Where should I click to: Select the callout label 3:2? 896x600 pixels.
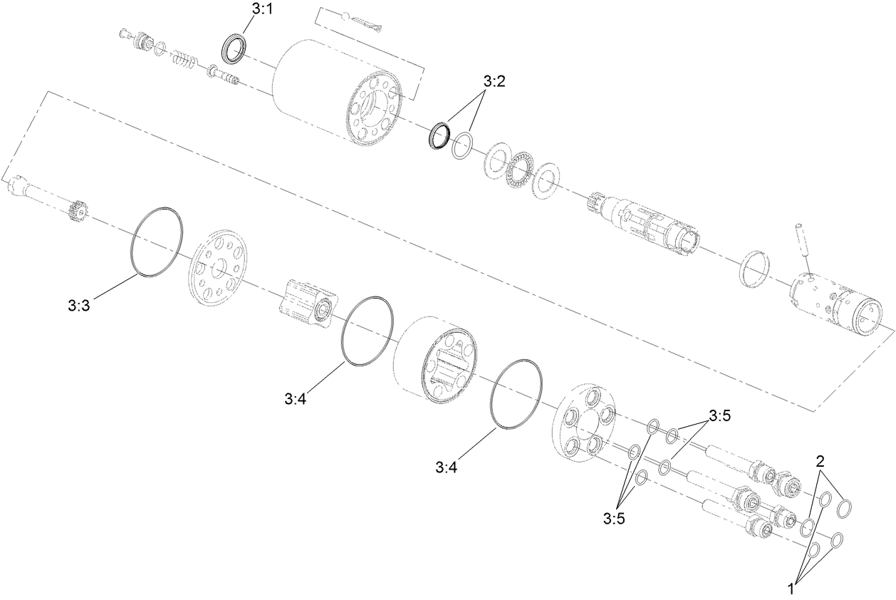(494, 81)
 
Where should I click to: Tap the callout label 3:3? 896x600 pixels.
(78, 306)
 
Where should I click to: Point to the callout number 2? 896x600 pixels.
(821, 461)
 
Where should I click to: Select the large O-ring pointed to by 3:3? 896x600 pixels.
(156, 242)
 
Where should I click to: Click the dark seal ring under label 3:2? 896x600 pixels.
(440, 135)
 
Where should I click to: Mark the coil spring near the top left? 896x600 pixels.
(186, 60)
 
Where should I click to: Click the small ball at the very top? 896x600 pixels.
(345, 16)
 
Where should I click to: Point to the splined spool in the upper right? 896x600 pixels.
(645, 222)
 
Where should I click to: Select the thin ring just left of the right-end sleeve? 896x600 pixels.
(754, 269)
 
